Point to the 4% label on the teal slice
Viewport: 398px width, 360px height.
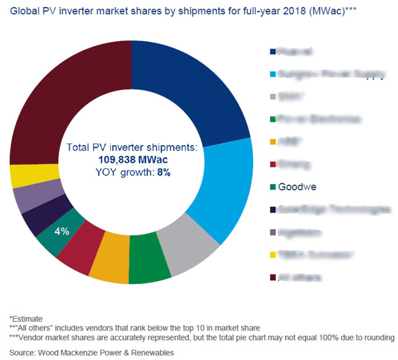(61, 231)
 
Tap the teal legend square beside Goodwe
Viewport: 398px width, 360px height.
(272, 187)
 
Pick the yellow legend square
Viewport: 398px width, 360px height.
(272, 255)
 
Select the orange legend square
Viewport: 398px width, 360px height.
(272, 142)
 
